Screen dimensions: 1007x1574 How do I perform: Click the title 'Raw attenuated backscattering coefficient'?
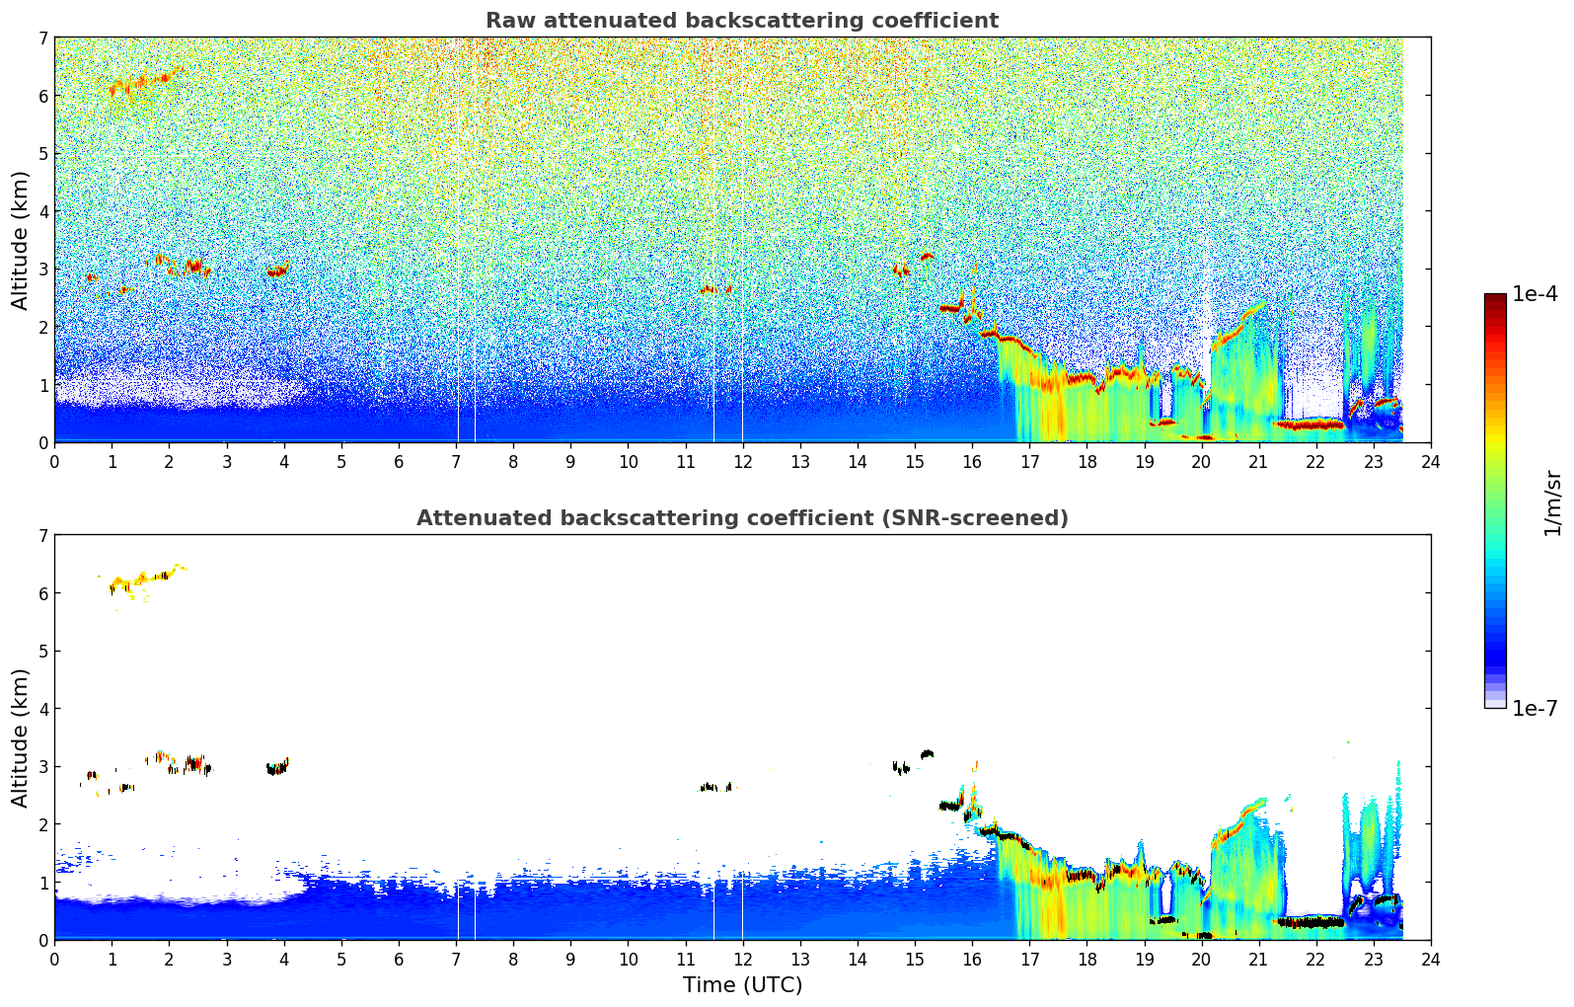tap(741, 21)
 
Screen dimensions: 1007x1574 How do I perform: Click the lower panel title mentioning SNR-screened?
tap(741, 518)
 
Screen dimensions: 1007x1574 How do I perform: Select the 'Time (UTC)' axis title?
tap(742, 984)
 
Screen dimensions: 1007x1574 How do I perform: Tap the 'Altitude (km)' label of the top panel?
tap(20, 240)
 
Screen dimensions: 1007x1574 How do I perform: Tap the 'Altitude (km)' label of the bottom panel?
tap(20, 737)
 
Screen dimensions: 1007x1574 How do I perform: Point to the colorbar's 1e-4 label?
tap(1535, 294)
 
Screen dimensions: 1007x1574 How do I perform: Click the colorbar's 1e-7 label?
tap(1535, 708)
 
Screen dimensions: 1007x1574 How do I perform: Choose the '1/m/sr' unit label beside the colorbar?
tap(1552, 503)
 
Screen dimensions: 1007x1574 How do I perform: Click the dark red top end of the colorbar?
tap(1495, 298)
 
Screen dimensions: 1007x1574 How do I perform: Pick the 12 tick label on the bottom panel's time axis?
tap(742, 959)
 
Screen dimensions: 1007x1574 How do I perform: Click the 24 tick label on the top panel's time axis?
tap(1430, 461)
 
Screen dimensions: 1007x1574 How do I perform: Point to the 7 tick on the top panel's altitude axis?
tap(43, 39)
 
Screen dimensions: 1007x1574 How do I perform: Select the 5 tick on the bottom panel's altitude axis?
tap(43, 652)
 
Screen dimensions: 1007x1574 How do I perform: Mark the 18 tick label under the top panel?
tap(1087, 461)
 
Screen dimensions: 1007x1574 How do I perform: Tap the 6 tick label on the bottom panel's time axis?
tap(399, 959)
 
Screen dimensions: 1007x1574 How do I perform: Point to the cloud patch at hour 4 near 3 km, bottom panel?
tap(277, 767)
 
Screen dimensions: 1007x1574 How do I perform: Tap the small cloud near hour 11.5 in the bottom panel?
tap(714, 787)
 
